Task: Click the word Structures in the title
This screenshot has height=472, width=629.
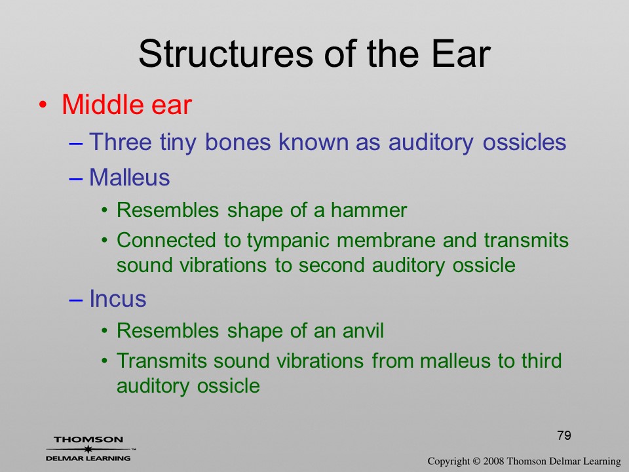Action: (x=226, y=53)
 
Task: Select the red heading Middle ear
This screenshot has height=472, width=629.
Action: (x=126, y=104)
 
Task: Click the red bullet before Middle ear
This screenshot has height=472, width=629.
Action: (x=43, y=105)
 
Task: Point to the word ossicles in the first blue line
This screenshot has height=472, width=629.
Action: (x=524, y=142)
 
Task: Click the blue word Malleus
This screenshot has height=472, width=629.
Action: (x=130, y=177)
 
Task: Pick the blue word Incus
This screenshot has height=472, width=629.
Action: (x=117, y=299)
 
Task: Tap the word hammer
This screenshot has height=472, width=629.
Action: (x=369, y=210)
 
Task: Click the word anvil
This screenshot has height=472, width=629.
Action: (x=363, y=330)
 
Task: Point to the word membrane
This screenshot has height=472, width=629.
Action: (x=386, y=240)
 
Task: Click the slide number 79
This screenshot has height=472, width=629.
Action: (x=564, y=435)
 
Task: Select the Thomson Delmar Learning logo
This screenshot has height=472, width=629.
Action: (x=90, y=448)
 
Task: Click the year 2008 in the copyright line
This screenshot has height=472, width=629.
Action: (x=493, y=461)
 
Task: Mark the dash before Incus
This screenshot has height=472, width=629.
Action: (x=76, y=300)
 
